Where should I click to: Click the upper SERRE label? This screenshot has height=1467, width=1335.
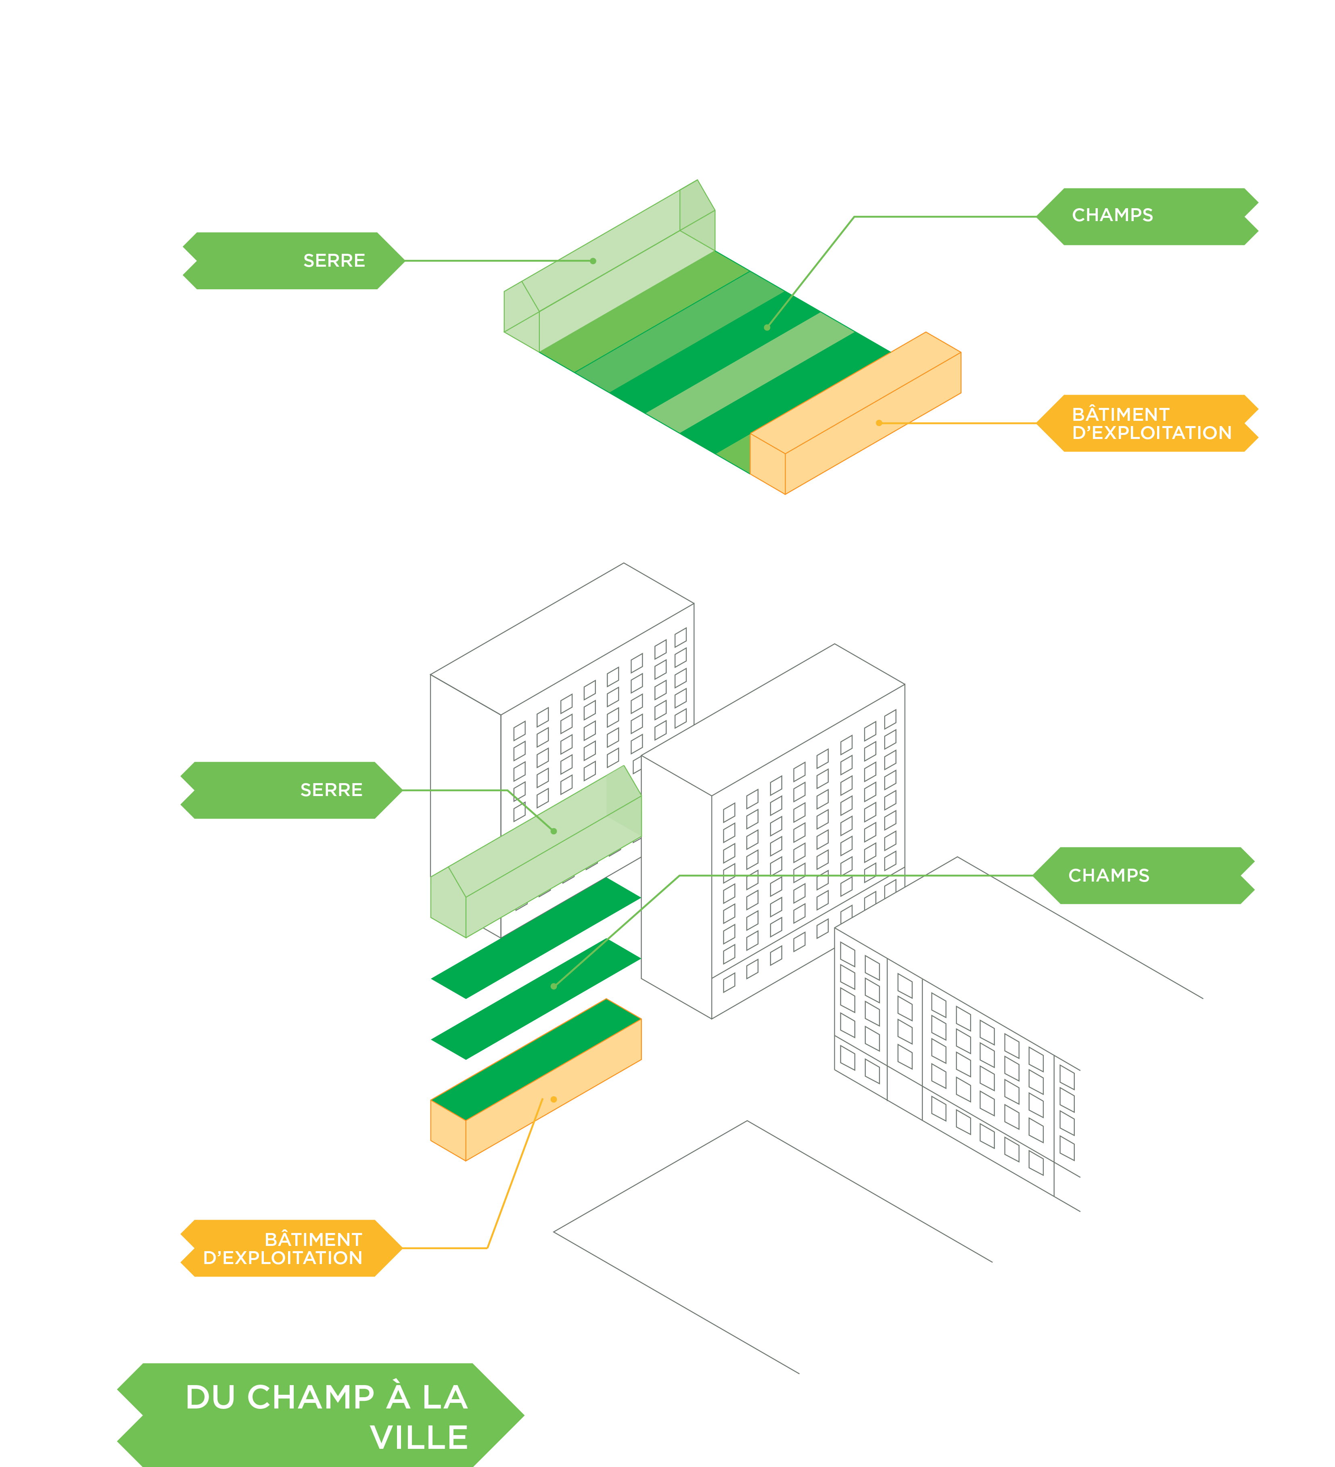[x=334, y=261]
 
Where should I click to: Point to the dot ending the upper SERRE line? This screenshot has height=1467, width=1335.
[x=593, y=261]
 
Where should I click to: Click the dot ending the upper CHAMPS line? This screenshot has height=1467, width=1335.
[x=767, y=328]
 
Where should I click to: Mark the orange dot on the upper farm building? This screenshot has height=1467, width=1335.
[x=879, y=423]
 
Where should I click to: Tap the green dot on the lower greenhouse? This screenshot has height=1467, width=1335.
[x=554, y=831]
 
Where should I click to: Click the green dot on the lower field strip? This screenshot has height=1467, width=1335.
[x=554, y=986]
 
